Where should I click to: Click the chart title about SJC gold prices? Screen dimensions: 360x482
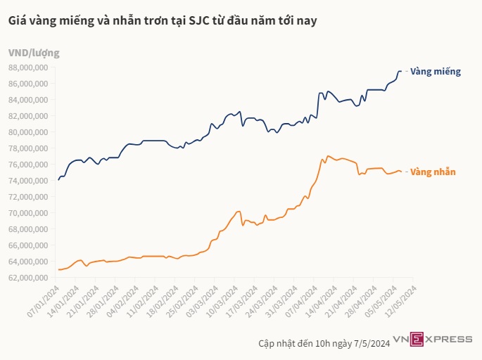(163, 21)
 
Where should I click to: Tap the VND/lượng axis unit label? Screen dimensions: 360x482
(34, 53)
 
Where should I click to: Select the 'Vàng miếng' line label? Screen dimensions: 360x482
(435, 72)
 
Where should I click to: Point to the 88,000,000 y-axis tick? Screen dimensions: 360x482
(28, 67)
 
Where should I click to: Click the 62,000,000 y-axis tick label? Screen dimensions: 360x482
(28, 278)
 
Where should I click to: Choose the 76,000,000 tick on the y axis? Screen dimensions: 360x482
(28, 165)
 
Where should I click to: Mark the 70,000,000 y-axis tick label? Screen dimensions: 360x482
(28, 213)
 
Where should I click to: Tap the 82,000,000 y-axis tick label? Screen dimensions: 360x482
(28, 116)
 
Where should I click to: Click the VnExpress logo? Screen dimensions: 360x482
(433, 340)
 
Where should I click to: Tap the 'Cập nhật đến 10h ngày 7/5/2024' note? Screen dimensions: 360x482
(324, 343)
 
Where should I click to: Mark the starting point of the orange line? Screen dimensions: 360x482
(58, 269)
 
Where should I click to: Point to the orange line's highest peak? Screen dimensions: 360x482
(328, 156)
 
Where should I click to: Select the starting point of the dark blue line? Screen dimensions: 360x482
(58, 180)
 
